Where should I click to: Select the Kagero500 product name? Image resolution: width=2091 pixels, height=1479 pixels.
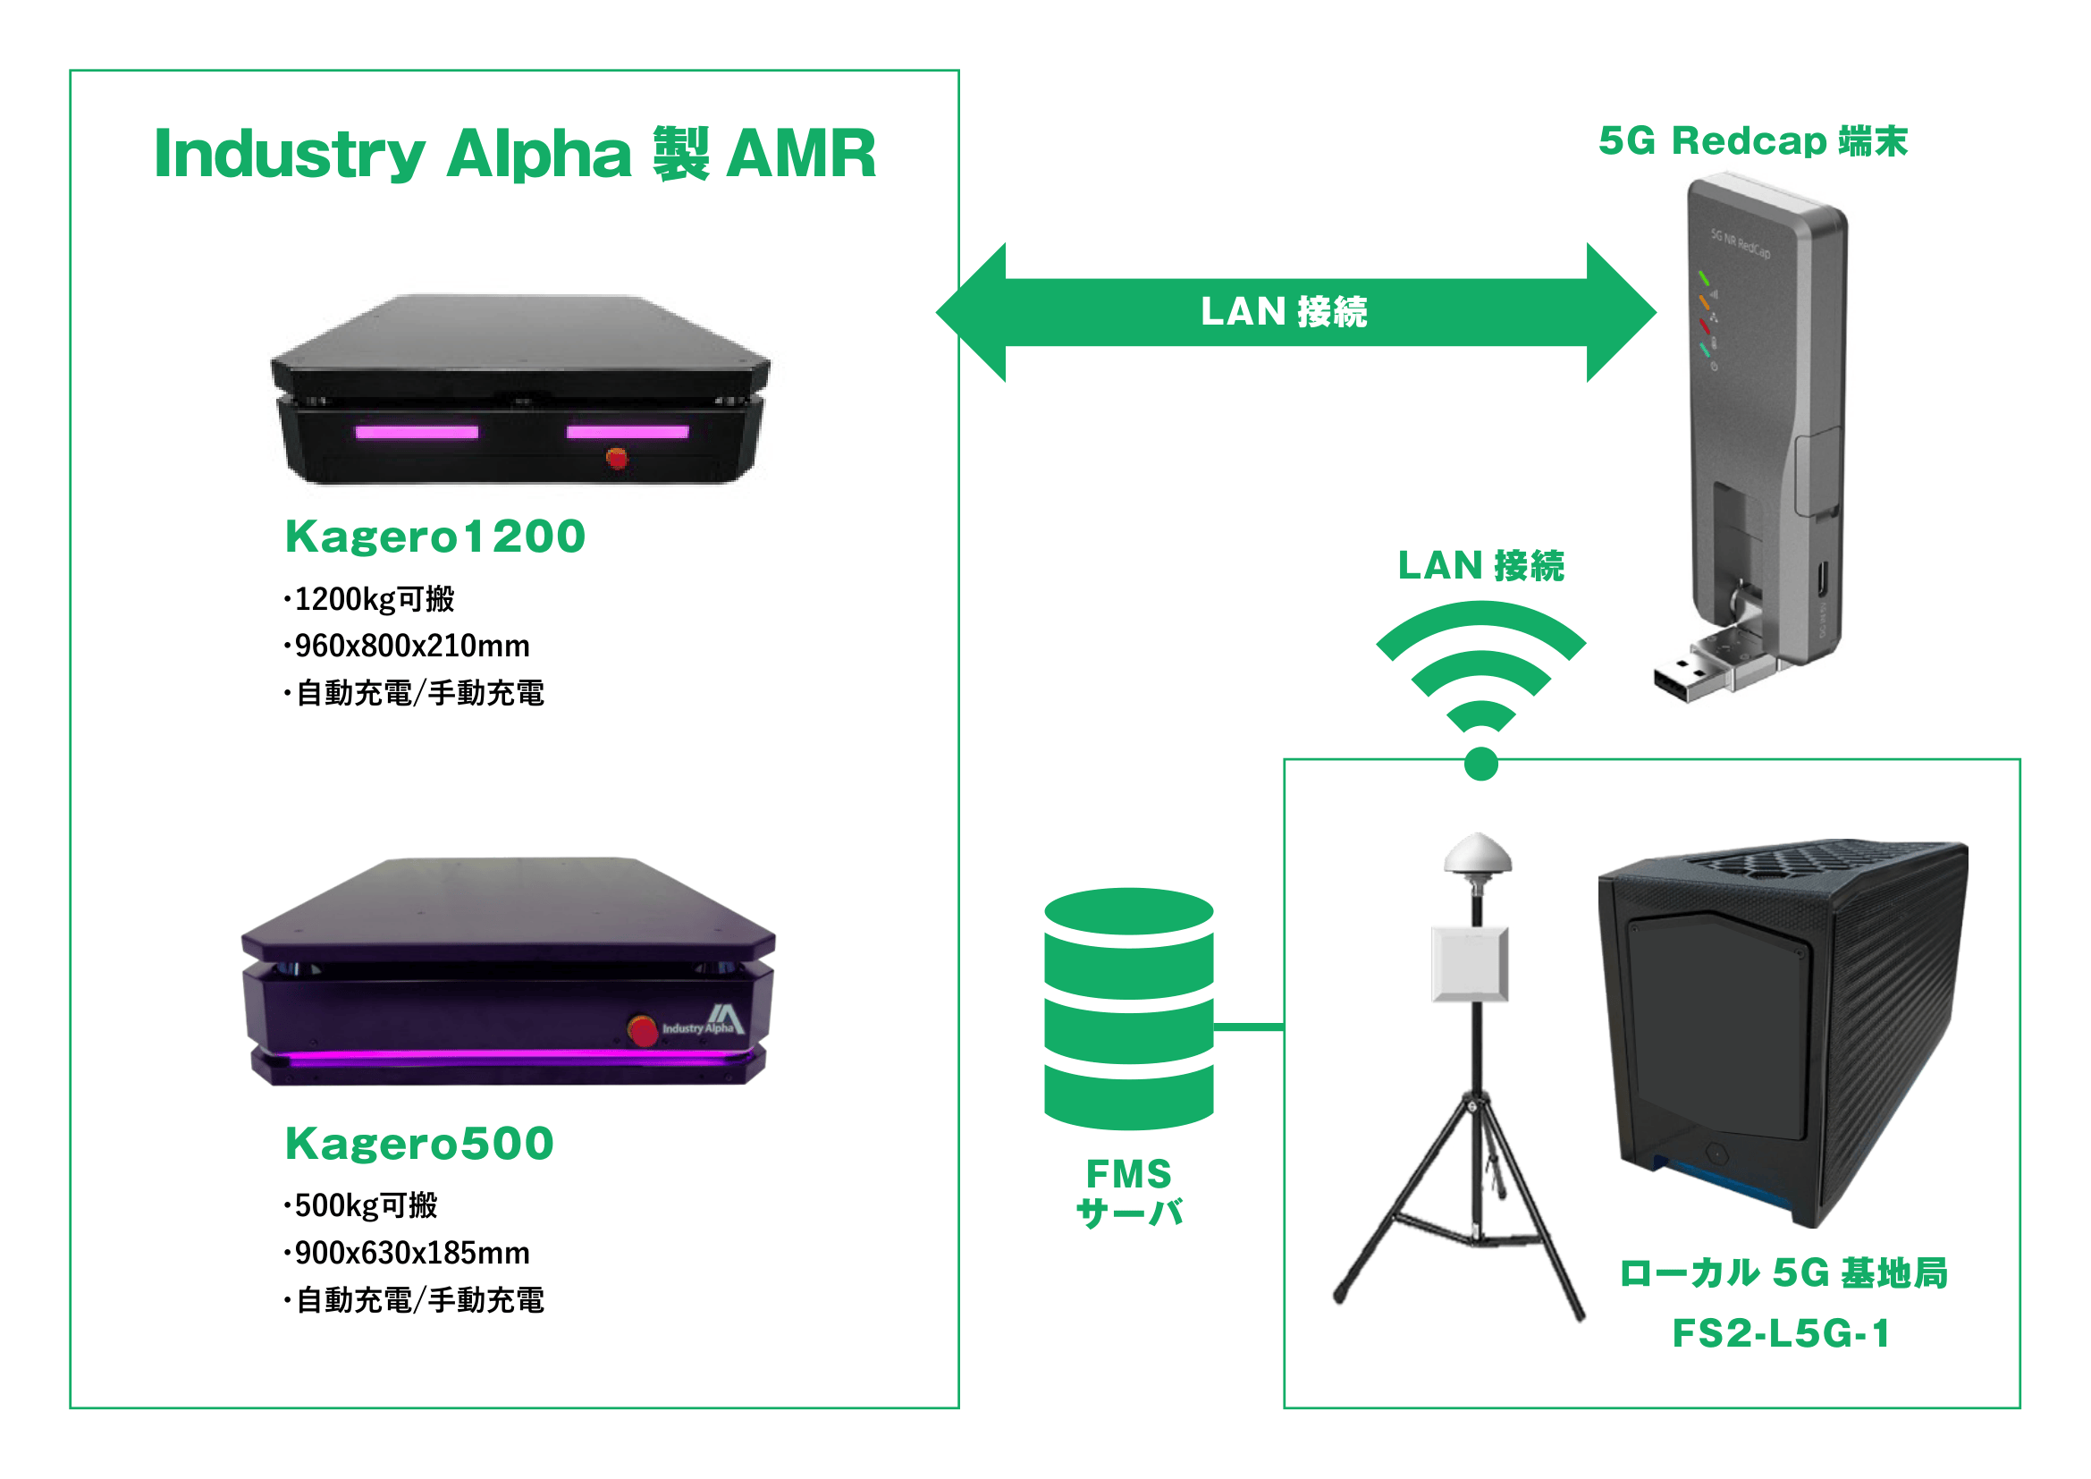coord(419,1143)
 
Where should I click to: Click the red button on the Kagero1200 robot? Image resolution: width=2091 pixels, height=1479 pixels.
coord(617,458)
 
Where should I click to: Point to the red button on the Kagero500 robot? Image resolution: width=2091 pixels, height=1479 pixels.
coord(643,1030)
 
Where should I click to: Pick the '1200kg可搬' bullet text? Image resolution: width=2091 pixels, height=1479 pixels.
coord(374,599)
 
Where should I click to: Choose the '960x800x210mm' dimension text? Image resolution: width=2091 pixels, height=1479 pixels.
coord(411,646)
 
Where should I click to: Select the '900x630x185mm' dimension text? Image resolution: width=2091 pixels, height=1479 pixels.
coord(411,1253)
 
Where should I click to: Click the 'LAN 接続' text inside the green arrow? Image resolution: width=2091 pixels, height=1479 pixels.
coord(1283,311)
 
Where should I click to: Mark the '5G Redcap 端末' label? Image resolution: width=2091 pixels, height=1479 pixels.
coord(1752,141)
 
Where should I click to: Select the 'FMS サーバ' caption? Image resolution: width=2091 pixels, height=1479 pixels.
coord(1128,1193)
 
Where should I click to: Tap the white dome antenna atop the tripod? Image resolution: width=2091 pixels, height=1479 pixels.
coord(1477,853)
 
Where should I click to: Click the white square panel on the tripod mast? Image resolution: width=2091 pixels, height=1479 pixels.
coord(1470,963)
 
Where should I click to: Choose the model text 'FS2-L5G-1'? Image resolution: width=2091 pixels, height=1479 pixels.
coord(1782,1333)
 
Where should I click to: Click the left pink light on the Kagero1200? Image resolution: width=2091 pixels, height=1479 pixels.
coord(417,432)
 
